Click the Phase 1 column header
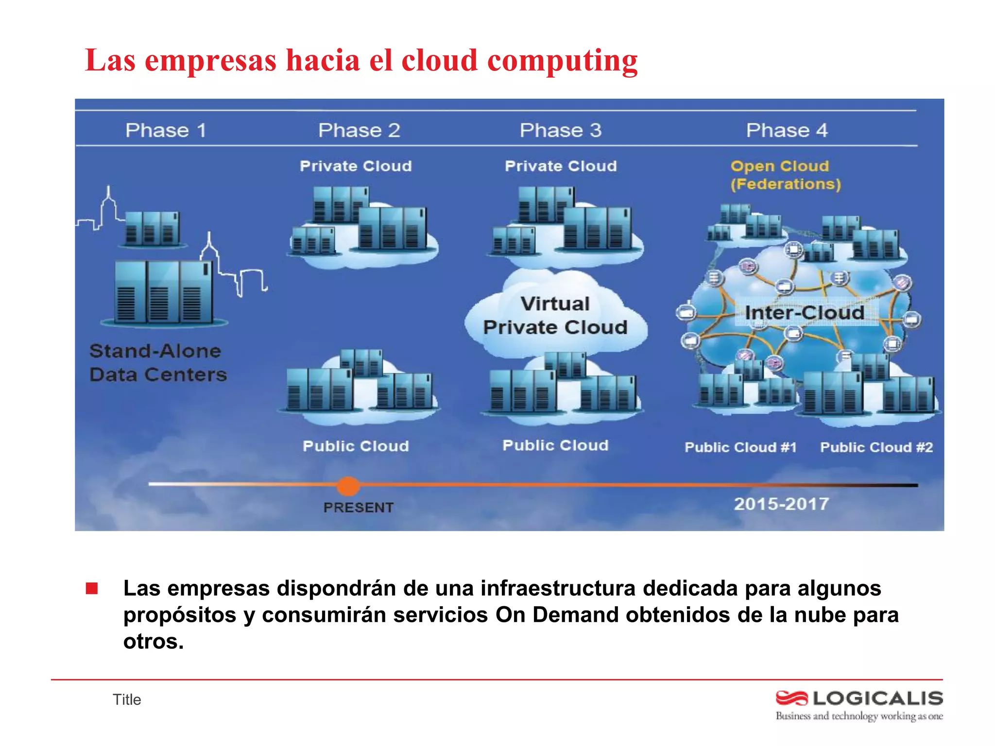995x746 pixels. click(x=166, y=130)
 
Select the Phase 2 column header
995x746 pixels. click(x=359, y=130)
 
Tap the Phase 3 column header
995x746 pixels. click(x=561, y=130)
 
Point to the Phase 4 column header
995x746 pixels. click(x=787, y=130)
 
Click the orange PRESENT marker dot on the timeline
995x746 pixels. click(x=348, y=486)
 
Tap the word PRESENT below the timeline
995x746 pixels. click(x=359, y=508)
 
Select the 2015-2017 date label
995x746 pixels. click(x=781, y=504)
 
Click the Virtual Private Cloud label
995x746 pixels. click(x=555, y=316)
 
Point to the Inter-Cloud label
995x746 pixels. click(x=805, y=313)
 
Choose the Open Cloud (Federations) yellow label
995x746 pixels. click(x=785, y=175)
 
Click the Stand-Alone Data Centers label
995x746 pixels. click(x=158, y=363)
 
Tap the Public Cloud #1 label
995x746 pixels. click(x=740, y=447)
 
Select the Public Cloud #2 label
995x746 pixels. click(x=876, y=447)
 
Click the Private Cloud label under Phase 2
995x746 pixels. click(x=356, y=166)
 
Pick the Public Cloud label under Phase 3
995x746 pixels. click(x=555, y=445)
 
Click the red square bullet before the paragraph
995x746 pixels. click(x=92, y=589)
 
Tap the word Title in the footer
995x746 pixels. click(x=127, y=699)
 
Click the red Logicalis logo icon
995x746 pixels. click(x=791, y=698)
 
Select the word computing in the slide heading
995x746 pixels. click(x=562, y=61)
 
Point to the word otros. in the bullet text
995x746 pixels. click(x=154, y=642)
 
